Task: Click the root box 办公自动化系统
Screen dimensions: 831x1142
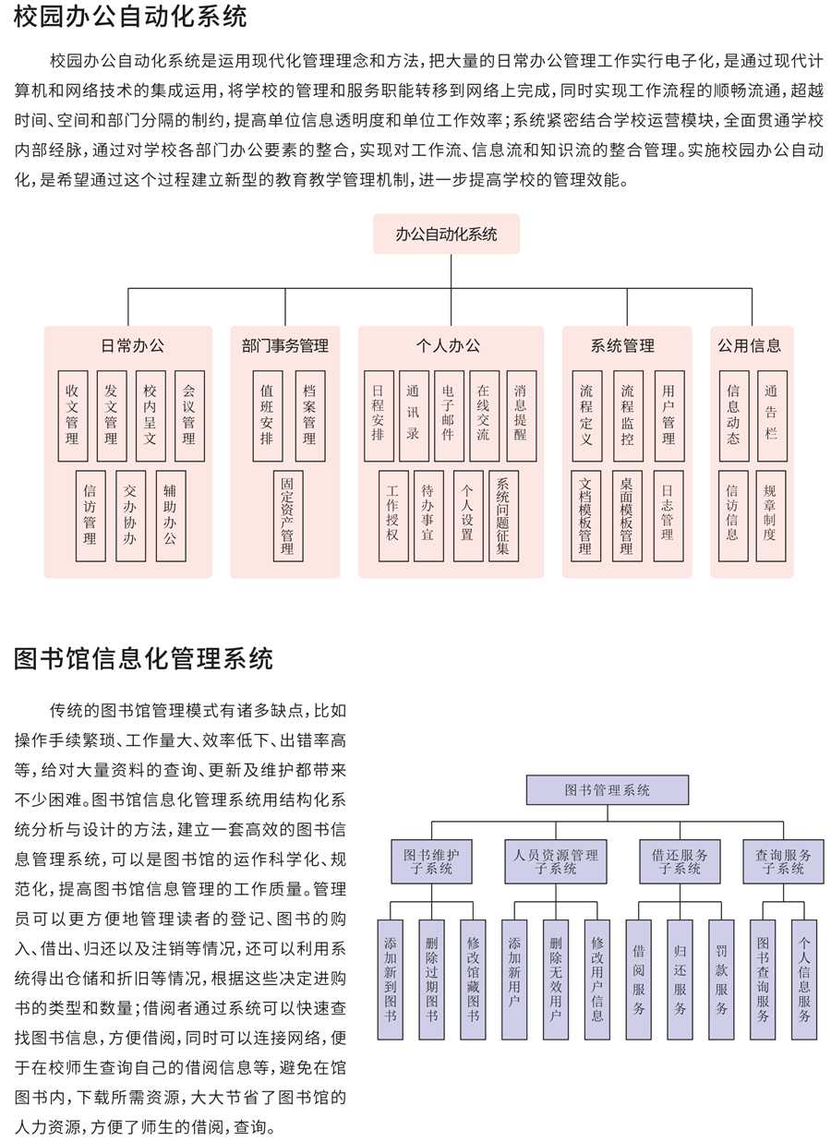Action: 446,234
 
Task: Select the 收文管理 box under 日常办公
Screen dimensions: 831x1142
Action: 73,416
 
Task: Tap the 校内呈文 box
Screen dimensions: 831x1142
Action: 151,416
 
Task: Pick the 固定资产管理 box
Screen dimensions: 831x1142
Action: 288,516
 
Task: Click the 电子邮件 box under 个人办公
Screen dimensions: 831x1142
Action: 449,416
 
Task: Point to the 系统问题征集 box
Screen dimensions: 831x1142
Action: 504,516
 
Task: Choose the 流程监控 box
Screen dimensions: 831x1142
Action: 628,416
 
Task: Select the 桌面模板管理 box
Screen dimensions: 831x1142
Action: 627,516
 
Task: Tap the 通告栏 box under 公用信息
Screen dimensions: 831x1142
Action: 772,416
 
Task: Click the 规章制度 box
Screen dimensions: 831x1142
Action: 771,516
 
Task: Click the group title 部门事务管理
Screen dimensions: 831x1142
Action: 285,345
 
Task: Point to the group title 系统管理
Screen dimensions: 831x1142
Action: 622,345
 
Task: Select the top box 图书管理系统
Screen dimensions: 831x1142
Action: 608,790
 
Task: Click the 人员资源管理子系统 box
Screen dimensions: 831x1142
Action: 556,861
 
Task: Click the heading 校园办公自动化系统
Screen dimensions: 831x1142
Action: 130,17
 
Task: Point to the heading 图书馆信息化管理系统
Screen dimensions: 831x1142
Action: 143,658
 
